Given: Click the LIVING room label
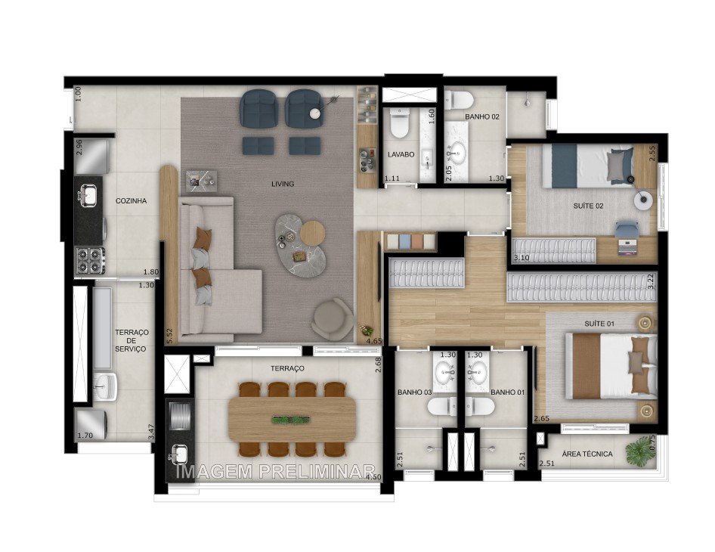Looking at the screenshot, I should coord(283,184).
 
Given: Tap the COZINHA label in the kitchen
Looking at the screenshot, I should coord(131,201).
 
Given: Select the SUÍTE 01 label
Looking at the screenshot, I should coord(600,324).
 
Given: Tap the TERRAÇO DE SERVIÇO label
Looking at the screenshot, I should coord(131,340).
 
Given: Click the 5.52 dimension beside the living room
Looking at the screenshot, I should coord(170,335).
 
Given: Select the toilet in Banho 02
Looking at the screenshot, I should coord(459,101).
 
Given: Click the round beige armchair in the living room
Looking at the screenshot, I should coord(333,318).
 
